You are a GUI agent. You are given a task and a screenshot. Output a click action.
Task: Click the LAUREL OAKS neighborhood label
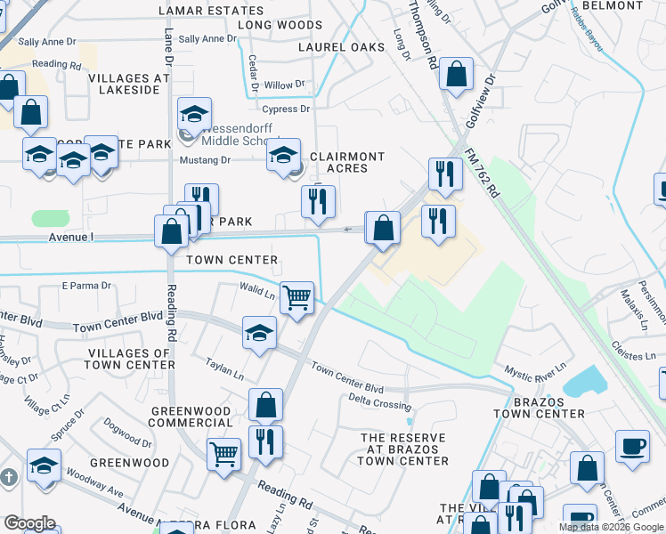pos(341,47)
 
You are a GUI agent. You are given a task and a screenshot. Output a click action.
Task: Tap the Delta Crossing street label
pos(380,402)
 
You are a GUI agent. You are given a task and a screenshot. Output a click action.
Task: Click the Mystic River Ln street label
pos(535,368)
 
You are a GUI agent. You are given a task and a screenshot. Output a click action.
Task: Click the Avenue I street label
pos(71,237)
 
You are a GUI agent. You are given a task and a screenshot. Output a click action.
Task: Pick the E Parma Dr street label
pos(85,286)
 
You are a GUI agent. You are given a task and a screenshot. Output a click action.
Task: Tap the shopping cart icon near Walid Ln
pos(296,297)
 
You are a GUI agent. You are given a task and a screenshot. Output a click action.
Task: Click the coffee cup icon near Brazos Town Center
pos(633,446)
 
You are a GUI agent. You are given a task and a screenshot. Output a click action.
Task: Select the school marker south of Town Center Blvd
pos(259,333)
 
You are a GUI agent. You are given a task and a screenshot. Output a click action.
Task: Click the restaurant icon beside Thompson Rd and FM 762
pos(445,174)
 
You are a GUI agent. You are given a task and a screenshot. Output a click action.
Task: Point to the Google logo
pos(30,523)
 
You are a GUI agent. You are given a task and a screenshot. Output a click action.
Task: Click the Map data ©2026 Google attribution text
pos(611,527)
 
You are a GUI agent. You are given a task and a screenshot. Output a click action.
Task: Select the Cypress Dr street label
pos(292,109)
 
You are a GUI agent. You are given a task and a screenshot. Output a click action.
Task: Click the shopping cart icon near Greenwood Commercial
pos(223,454)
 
